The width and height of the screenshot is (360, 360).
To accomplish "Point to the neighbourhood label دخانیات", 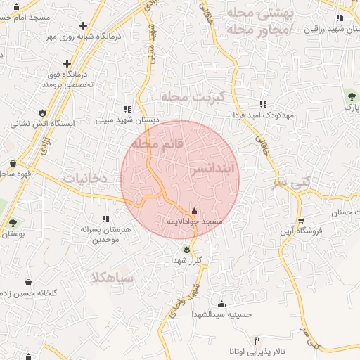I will pos(85,179).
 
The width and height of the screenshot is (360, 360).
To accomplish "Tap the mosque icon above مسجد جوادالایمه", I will pos(194,211).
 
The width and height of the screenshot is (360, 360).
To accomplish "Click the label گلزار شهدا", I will pos(186,260).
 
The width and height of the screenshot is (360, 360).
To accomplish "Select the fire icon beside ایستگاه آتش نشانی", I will pos(43,112).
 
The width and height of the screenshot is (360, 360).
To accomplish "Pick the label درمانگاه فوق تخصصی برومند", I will pos(68,79).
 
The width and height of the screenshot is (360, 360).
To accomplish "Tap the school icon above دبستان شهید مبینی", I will pos(127,109).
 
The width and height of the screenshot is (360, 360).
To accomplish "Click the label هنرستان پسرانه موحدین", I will pos(107,234).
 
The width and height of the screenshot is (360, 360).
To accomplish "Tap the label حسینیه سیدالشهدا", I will pos(223,315).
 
